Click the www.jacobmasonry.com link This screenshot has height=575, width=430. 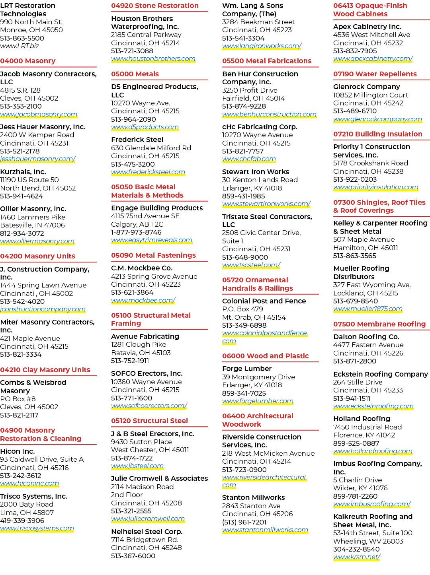click(x=39, y=115)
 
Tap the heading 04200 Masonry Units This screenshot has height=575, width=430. click(x=37, y=256)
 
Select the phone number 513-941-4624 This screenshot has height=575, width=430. click(x=21, y=196)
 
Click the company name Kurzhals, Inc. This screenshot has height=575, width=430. click(x=23, y=172)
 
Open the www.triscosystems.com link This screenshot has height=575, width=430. click(x=37, y=528)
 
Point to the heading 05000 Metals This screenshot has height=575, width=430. click(x=135, y=74)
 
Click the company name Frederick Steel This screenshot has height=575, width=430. click(x=137, y=140)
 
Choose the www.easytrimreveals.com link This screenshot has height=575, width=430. click(x=152, y=240)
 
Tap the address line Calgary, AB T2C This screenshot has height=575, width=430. click(x=137, y=224)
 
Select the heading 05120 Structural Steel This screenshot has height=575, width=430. click(x=149, y=421)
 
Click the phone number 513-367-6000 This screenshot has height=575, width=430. click(x=133, y=556)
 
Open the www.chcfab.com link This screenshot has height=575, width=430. click(x=249, y=159)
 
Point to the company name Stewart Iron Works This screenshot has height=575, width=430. click(x=256, y=172)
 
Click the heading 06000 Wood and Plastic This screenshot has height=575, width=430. click(x=265, y=356)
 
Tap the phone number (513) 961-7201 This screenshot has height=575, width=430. click(x=244, y=522)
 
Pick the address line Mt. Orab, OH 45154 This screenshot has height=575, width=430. click(x=254, y=317)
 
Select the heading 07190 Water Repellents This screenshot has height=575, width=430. click(x=375, y=74)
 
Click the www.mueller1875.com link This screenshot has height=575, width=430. click(x=368, y=309)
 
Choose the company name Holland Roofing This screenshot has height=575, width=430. click(x=362, y=419)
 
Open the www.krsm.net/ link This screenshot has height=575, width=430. click(x=357, y=557)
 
